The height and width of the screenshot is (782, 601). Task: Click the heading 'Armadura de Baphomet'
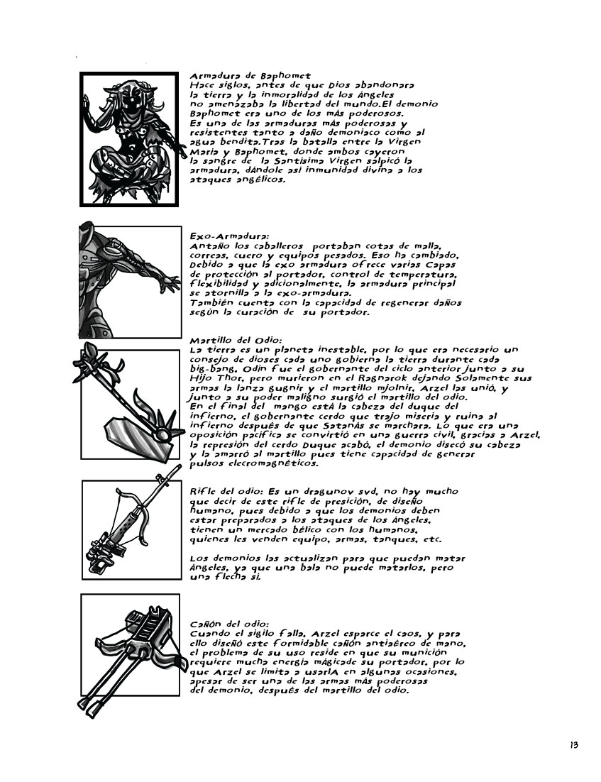[x=241, y=76]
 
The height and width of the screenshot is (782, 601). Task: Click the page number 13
[x=573, y=745]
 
